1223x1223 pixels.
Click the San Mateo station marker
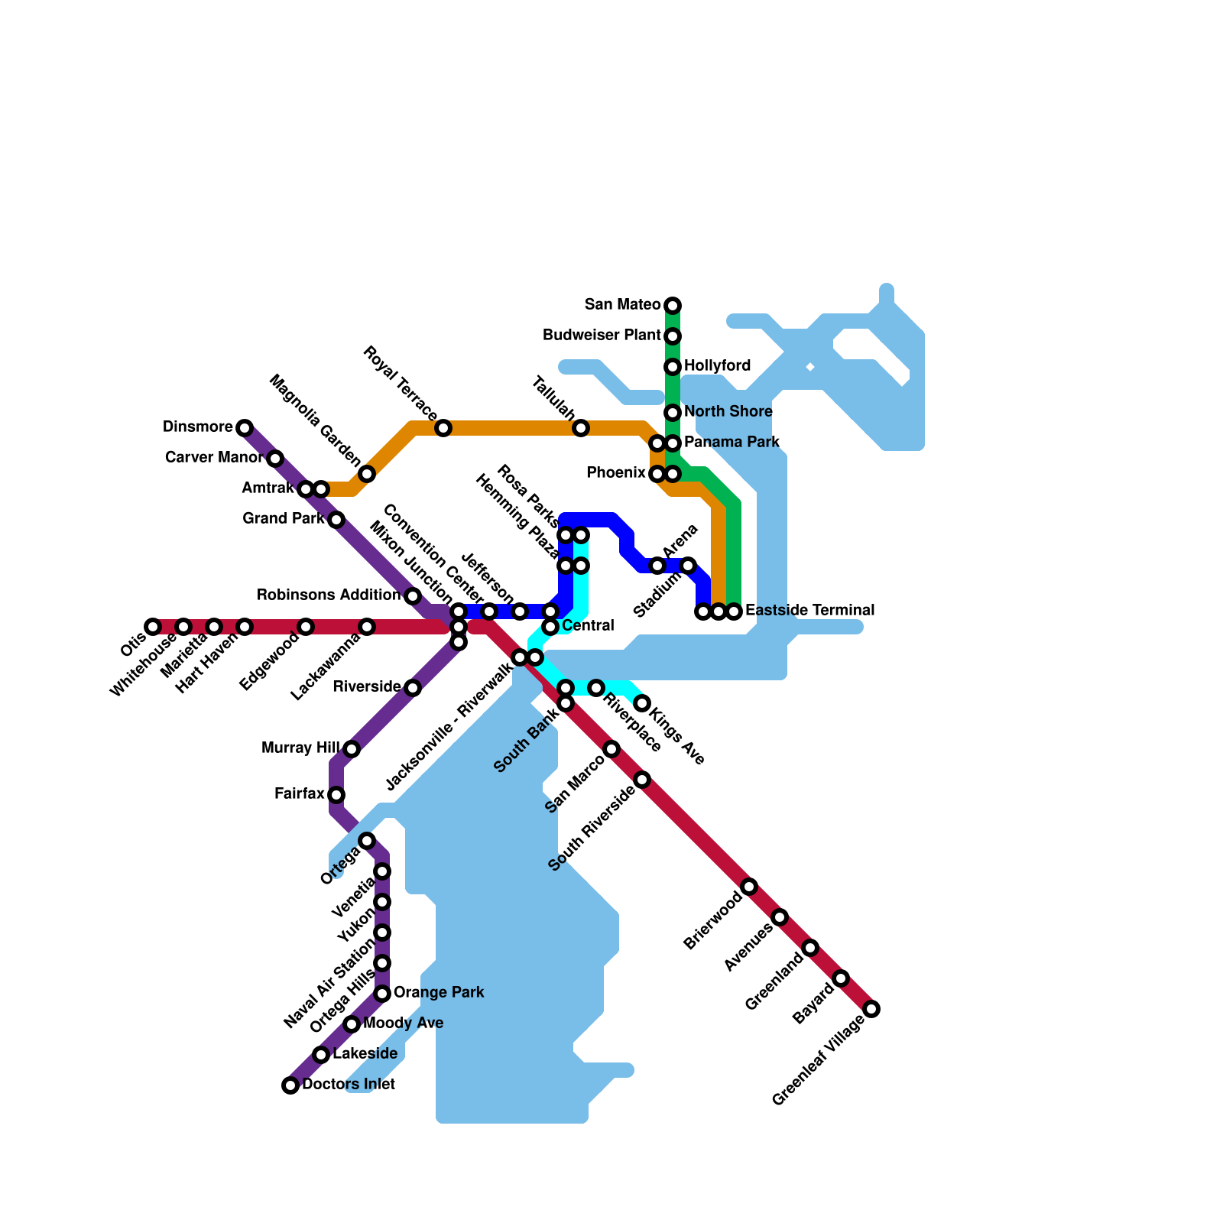pyautogui.click(x=673, y=306)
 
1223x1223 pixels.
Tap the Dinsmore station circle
pyautogui.click(x=244, y=428)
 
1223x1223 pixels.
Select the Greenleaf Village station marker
pyautogui.click(x=871, y=1009)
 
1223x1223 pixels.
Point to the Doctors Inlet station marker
pyautogui.click(x=290, y=1085)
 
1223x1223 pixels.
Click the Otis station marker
pyautogui.click(x=153, y=627)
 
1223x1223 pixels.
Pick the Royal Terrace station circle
pyautogui.click(x=443, y=428)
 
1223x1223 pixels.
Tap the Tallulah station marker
pyautogui.click(x=581, y=428)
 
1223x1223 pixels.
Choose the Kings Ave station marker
pyautogui.click(x=642, y=703)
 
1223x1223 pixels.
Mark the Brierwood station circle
pyautogui.click(x=749, y=887)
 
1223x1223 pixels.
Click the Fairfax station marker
pyautogui.click(x=336, y=795)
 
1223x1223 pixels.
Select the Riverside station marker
pyautogui.click(x=413, y=688)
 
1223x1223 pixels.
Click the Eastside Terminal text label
pyautogui.click(x=809, y=611)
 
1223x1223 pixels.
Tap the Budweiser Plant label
pyautogui.click(x=602, y=336)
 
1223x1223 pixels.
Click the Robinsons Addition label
pyautogui.click(x=329, y=595)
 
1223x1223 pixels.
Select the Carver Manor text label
pyautogui.click(x=214, y=458)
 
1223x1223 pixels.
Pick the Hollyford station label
pyautogui.click(x=717, y=366)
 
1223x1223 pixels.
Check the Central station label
pyautogui.click(x=588, y=626)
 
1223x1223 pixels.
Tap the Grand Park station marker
pyautogui.click(x=336, y=520)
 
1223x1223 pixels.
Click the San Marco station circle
pyautogui.click(x=611, y=749)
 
